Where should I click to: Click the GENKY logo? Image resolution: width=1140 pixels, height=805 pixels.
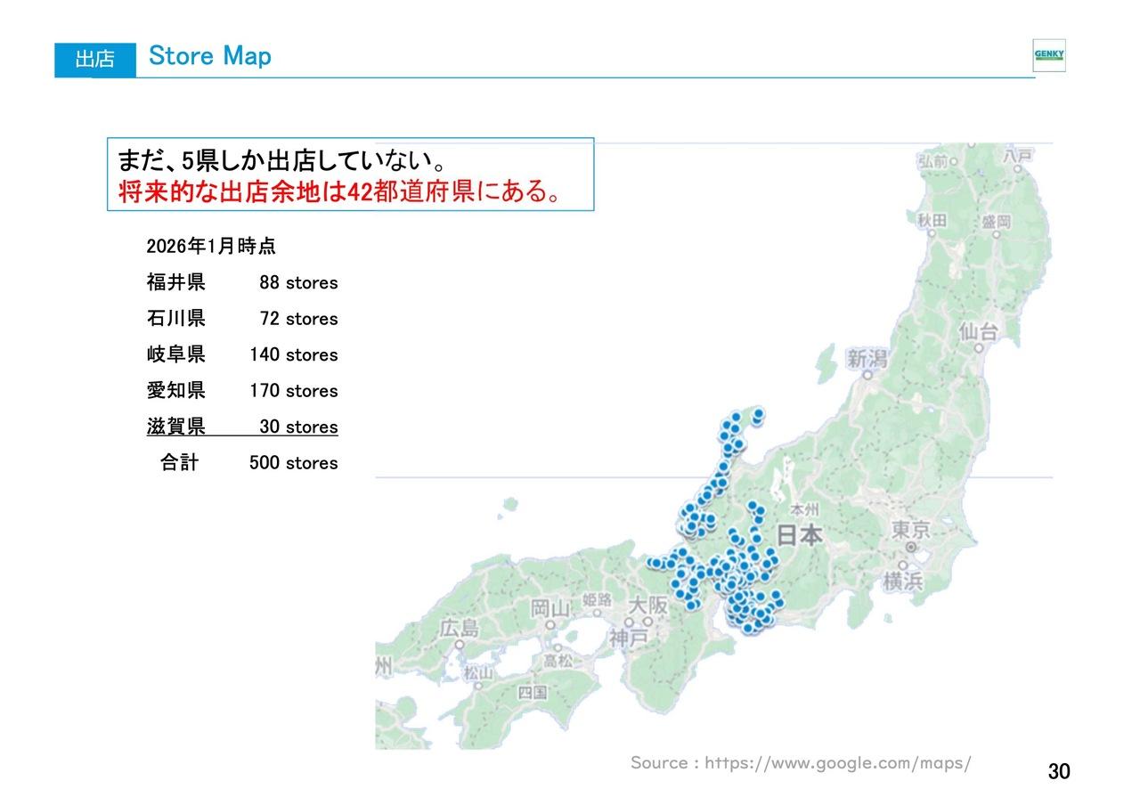pos(1048,55)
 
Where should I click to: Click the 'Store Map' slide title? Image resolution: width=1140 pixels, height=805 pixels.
pos(210,56)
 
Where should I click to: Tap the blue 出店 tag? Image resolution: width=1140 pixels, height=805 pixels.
pos(94,59)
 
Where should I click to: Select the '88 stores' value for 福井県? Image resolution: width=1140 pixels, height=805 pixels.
pos(298,283)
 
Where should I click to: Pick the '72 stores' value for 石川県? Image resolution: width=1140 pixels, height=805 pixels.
pos(298,319)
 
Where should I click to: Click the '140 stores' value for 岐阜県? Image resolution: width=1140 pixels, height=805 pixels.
pos(294,355)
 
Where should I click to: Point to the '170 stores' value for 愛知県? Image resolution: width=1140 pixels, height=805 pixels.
pos(294,391)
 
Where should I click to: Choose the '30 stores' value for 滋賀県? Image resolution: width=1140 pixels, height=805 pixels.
pos(298,427)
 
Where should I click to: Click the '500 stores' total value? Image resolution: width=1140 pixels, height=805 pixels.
pos(294,463)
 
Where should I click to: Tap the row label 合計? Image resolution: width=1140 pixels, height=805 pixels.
pos(179,463)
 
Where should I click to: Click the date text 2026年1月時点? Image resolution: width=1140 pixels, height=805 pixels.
pos(211,247)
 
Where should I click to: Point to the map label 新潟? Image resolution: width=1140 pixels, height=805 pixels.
pos(867,358)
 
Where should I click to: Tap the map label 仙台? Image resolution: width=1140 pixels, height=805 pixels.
pos(978,332)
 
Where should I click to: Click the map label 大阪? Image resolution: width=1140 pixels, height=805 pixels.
pos(647,605)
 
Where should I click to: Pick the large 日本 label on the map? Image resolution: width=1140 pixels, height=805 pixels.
pos(800,535)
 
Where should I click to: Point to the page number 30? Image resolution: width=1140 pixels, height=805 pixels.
pos(1059,771)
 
